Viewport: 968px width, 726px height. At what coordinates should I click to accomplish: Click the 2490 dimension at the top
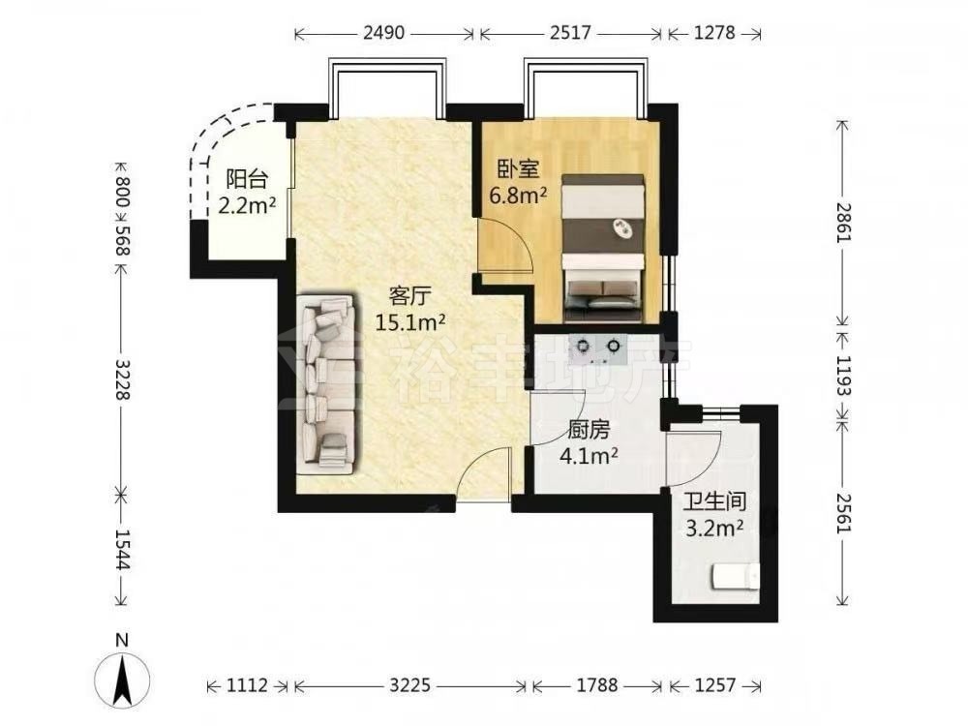383,32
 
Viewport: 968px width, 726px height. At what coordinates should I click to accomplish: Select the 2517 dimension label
570,32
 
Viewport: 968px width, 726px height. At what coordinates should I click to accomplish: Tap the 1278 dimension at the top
714,32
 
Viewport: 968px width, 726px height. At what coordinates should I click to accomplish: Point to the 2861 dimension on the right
844,222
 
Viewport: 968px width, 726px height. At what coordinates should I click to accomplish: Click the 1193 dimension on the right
844,376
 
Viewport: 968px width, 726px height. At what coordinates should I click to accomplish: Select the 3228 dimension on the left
122,379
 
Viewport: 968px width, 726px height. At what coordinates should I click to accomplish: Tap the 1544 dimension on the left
122,550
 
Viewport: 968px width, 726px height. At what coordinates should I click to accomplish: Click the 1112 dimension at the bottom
248,685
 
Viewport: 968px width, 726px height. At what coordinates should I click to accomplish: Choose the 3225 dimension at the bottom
410,685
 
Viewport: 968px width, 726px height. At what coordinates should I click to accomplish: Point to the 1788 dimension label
596,685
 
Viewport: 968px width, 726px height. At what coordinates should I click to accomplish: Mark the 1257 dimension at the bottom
715,685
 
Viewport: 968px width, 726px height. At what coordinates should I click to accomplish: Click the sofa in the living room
326,383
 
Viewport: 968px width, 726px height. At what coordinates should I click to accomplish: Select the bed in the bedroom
602,248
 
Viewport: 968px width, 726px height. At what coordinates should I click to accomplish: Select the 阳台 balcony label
246,179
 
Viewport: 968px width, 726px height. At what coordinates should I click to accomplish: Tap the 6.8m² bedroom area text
518,196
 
